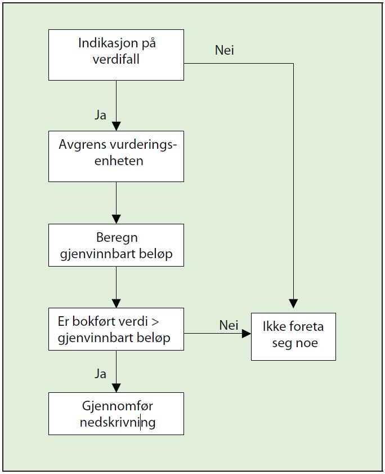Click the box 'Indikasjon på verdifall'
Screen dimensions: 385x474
(x=117, y=55)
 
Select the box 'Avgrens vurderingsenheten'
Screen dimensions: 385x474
(x=117, y=156)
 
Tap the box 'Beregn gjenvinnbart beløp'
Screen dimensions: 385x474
(x=117, y=245)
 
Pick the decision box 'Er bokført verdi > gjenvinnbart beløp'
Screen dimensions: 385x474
(x=117, y=329)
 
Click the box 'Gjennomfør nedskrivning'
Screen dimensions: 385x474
(x=117, y=414)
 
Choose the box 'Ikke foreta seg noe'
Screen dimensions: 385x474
(x=293, y=336)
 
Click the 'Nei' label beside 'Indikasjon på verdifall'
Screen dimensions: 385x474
(x=225, y=50)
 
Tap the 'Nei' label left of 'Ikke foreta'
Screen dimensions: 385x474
(x=229, y=325)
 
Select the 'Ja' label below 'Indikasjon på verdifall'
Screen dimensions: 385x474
(x=100, y=115)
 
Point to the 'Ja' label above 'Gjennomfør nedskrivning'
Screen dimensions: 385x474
(x=100, y=374)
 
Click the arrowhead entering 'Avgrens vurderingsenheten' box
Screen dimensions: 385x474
(x=117, y=126)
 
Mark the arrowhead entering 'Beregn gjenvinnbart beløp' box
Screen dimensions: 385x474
(x=117, y=219)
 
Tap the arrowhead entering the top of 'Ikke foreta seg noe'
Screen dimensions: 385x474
(x=293, y=303)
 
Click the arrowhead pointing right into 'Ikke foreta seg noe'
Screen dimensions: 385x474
(x=247, y=334)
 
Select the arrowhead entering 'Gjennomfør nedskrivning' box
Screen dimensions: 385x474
(x=117, y=388)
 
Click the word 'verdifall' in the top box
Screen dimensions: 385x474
(x=116, y=59)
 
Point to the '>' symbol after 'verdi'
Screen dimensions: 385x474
(x=155, y=322)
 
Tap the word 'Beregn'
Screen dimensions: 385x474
(x=117, y=238)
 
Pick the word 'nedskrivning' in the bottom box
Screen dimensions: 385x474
(x=118, y=422)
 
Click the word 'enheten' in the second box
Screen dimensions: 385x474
(x=119, y=161)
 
